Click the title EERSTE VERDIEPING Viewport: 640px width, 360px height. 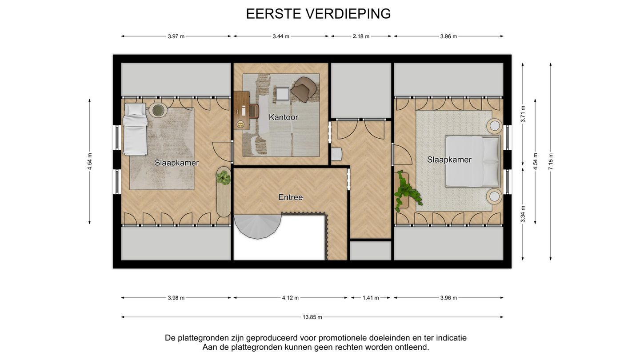click(x=318, y=14)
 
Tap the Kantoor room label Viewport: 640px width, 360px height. click(x=283, y=117)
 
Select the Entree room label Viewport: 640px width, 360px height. click(x=291, y=197)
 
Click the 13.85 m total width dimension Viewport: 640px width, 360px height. click(x=312, y=317)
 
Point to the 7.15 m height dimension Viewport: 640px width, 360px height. click(x=551, y=161)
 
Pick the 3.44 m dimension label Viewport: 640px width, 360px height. click(x=281, y=36)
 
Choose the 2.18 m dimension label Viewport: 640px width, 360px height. click(x=361, y=36)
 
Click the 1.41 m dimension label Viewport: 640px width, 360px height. click(x=371, y=298)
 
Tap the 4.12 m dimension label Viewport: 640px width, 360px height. click(x=290, y=298)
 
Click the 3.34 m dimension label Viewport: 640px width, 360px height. click(x=523, y=214)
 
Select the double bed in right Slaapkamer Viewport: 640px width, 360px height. click(x=471, y=161)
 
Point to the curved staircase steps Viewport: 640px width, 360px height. click(x=257, y=225)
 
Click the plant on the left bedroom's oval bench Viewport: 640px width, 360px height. click(x=223, y=177)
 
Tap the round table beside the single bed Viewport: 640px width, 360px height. click(x=157, y=110)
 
